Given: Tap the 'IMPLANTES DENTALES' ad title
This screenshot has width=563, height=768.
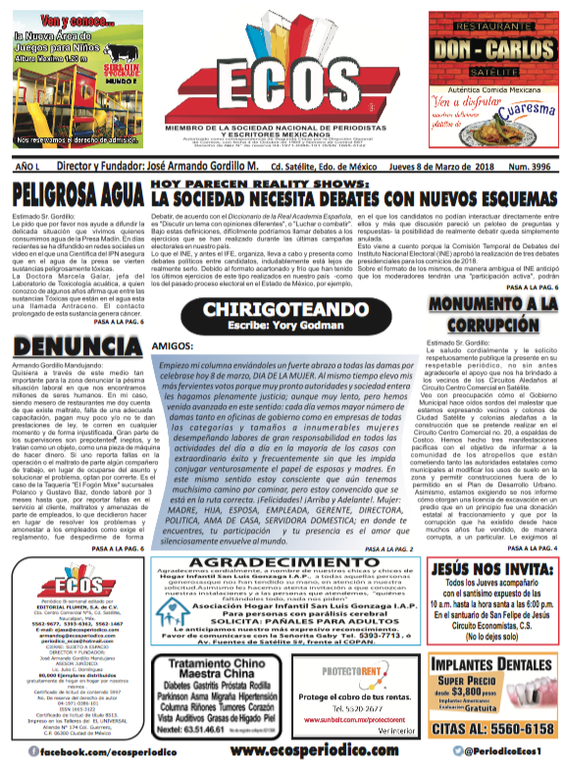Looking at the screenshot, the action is (487, 663).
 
